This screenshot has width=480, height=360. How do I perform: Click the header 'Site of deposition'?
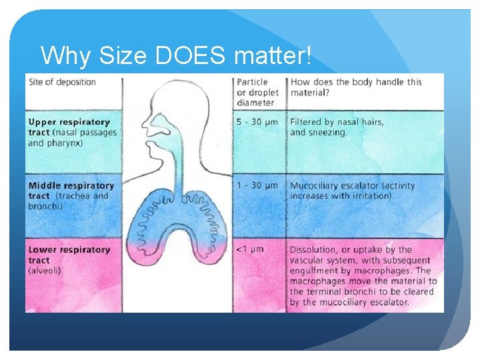point(62,83)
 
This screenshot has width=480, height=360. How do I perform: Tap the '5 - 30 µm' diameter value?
point(257,122)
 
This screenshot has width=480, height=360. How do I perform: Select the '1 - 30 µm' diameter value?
point(257,185)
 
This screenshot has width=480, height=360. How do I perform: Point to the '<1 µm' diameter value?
point(250,249)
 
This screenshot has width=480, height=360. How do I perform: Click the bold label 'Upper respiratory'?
point(69,122)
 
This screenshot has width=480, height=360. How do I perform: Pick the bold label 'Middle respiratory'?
point(71,185)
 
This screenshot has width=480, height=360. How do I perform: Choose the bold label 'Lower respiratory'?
point(69,250)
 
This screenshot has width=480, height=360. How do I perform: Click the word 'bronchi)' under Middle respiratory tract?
point(46,207)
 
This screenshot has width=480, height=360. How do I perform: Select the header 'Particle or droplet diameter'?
point(257,93)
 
